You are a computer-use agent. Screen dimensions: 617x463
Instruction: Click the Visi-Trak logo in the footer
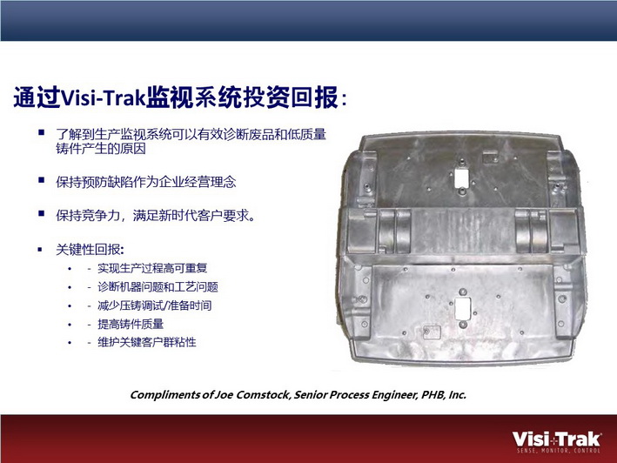[557, 442]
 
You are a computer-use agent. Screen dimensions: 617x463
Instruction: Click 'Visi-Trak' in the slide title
[104, 97]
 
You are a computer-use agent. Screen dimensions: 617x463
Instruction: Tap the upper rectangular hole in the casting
[461, 178]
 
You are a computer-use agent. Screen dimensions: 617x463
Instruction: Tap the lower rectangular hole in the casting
[462, 308]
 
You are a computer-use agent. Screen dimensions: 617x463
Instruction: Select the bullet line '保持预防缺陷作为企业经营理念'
[146, 182]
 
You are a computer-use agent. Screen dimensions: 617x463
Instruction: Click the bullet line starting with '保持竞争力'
[156, 216]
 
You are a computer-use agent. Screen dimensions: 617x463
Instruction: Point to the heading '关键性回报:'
[90, 250]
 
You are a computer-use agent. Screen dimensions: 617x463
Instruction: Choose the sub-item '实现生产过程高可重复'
[152, 268]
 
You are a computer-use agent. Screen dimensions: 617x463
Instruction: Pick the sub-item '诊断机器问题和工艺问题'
[158, 287]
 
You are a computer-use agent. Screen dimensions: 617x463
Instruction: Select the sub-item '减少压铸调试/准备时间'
[155, 305]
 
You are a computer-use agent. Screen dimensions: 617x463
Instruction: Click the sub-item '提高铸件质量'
[131, 324]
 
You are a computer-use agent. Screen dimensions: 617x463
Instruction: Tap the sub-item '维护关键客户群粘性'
[147, 342]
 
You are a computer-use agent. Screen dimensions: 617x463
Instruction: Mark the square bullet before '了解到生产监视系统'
[41, 132]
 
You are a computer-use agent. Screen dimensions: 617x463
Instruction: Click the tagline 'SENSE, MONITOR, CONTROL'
[559, 451]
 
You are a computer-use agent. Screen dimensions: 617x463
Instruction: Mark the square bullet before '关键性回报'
[40, 250]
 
